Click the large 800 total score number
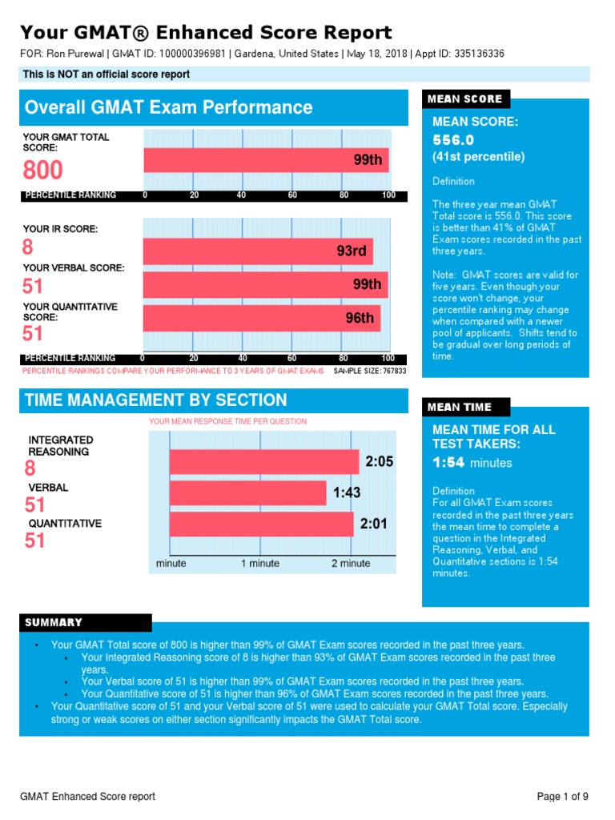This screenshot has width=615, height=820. tap(43, 170)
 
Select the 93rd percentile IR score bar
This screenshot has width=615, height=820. tap(259, 251)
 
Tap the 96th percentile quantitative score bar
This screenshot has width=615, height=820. tap(262, 319)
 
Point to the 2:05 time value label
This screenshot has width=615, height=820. tap(379, 461)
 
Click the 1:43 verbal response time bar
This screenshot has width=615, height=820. tap(248, 493)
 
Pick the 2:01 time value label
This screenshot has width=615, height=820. tap(373, 524)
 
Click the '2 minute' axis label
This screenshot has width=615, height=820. tap(351, 563)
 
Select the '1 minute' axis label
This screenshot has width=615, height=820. tap(260, 563)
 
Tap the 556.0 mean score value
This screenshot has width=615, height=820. tap(453, 140)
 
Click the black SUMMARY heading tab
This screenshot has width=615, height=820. tap(86, 622)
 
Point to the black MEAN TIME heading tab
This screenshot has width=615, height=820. tap(466, 407)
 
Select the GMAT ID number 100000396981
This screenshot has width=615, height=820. tap(192, 54)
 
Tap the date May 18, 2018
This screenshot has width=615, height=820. tap(377, 54)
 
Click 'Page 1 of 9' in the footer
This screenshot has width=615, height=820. tap(563, 797)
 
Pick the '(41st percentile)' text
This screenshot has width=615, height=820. tap(479, 157)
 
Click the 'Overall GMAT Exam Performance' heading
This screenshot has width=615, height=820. tap(168, 107)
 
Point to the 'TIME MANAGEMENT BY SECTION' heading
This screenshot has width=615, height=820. tap(156, 400)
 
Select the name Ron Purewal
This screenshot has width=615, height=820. tap(75, 54)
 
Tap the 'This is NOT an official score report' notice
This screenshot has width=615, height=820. tap(107, 74)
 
